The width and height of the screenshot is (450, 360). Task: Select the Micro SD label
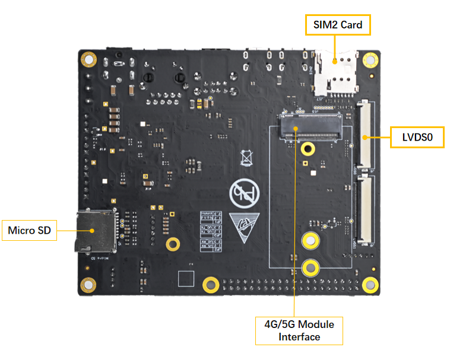click(30, 230)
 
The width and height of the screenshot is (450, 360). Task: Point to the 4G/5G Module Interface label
click(299, 330)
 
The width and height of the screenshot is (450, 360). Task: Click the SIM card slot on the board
click(335, 72)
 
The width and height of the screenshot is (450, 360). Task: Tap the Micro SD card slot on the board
click(94, 230)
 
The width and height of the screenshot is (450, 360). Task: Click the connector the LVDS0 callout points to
click(366, 135)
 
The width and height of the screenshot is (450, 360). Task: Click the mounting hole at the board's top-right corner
click(370, 60)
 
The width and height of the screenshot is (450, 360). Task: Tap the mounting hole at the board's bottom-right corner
click(370, 284)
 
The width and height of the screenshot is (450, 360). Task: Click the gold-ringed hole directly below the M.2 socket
click(308, 149)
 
